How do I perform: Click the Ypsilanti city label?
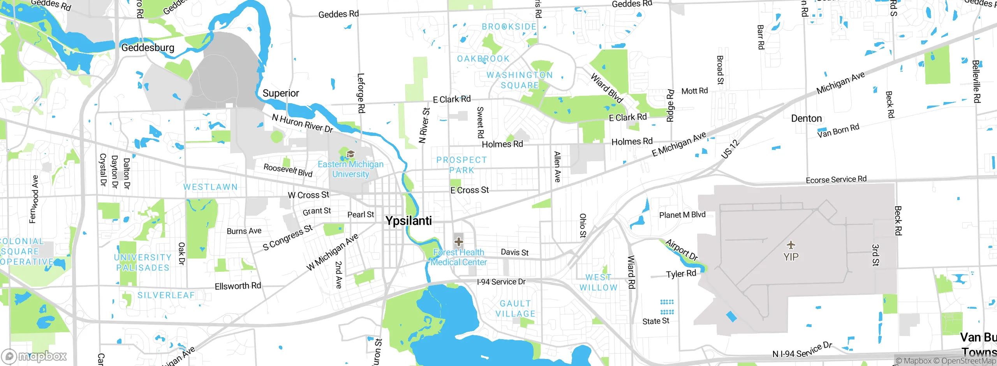[x=409, y=221]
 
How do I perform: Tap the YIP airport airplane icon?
[x=791, y=245]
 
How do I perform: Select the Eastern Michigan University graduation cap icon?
[x=351, y=154]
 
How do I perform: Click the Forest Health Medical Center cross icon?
[x=458, y=241]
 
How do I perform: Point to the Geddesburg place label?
[x=148, y=48]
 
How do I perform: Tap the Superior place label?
[x=280, y=93]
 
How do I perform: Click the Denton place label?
[x=806, y=118]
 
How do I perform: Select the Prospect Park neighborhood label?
[x=462, y=165]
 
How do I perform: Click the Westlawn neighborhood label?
[x=210, y=187]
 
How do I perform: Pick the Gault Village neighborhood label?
[x=515, y=308]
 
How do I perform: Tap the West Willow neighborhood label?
[x=598, y=282]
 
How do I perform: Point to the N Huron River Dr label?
[x=302, y=123]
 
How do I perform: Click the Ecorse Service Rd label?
[x=836, y=179]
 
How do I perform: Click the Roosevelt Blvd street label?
[x=288, y=170]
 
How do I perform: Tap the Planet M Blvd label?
[x=682, y=215]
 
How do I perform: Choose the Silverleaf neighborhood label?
[x=166, y=295]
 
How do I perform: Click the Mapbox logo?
[x=34, y=356]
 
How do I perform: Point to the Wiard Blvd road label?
[x=607, y=88]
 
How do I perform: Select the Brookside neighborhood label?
[x=509, y=26]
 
